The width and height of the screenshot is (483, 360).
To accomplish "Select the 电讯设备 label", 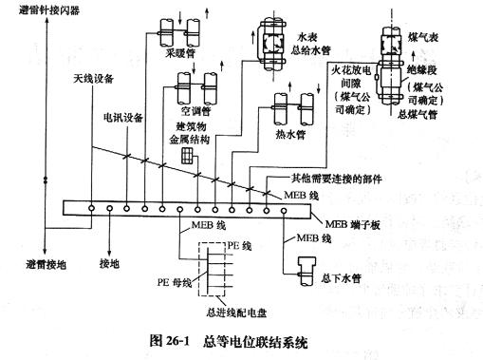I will (123, 119).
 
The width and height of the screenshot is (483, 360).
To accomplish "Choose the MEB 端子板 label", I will (362, 223).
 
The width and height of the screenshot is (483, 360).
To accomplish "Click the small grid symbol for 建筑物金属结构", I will (189, 156).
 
